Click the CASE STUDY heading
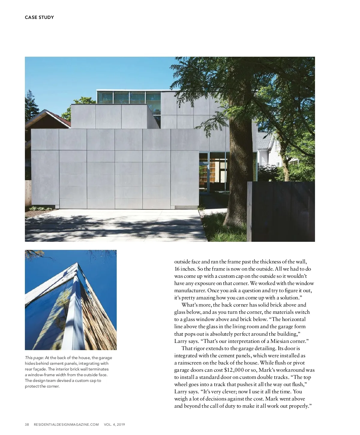pos(39,17)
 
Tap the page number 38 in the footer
pos(27,424)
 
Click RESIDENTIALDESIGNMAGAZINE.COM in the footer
pos(66,424)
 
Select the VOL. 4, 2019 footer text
pos(114,424)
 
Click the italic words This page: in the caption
pos(34,358)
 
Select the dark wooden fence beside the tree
pos(282,211)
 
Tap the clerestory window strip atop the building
pos(129,97)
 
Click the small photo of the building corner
pos(70,300)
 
